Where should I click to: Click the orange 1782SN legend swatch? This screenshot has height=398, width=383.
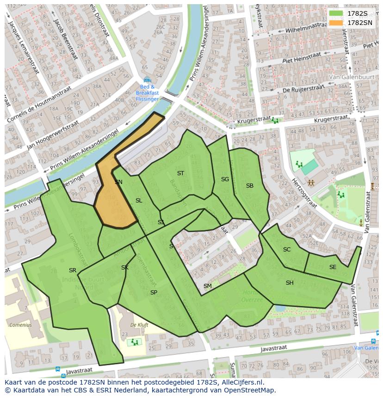[336, 23]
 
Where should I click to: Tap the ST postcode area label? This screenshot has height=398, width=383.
[180, 173]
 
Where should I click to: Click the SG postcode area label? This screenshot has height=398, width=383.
[225, 179]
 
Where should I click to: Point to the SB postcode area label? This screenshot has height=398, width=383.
[250, 186]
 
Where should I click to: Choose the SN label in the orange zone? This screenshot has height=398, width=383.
[118, 182]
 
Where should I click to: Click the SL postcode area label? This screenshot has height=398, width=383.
[139, 201]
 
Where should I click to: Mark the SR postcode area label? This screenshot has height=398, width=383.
[73, 270]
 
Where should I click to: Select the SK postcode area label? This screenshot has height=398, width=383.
[125, 268]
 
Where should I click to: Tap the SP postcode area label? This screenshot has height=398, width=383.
[154, 293]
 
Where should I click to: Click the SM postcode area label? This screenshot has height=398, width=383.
[208, 286]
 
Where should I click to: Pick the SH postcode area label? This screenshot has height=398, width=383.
[290, 283]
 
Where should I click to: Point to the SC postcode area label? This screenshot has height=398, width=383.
[287, 250]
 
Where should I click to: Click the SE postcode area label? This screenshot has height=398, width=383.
[333, 267]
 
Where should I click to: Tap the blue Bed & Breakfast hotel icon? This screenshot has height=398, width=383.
[147, 80]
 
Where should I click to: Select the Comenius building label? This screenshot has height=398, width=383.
[21, 325]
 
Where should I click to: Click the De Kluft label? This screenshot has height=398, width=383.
[139, 325]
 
